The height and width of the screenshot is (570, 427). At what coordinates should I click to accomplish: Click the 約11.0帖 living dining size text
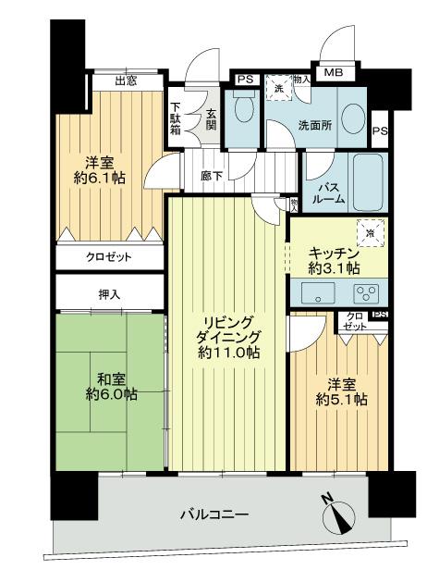(x=227, y=353)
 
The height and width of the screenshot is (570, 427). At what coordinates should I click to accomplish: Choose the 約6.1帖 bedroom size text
(x=101, y=179)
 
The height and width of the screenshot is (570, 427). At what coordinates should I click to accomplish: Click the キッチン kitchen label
(x=335, y=253)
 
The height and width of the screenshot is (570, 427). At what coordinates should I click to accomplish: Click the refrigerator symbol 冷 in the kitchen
(x=369, y=233)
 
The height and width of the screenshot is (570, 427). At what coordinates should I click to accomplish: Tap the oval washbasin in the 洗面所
(x=352, y=119)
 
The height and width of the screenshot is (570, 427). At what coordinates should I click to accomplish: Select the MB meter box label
(x=333, y=71)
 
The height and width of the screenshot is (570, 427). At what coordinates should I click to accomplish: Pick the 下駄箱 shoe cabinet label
(x=177, y=118)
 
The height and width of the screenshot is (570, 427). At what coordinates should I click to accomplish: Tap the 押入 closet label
(x=109, y=293)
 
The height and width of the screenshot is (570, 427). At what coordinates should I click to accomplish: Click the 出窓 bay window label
(x=126, y=81)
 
